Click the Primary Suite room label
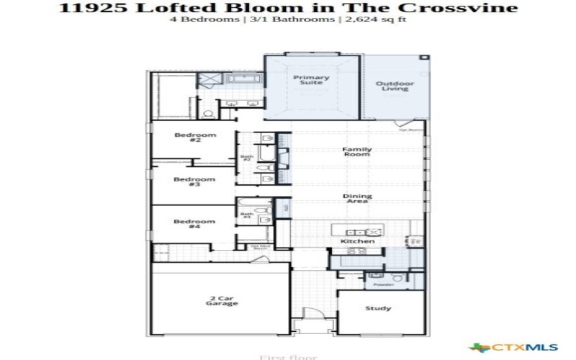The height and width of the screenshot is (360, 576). tap(311, 80)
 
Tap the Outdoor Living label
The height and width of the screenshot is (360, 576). tap(395, 86)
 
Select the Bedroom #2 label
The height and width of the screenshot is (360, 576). tap(194, 138)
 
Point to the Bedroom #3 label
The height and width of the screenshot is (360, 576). tap(194, 181)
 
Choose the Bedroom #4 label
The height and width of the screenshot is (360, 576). tap(194, 224)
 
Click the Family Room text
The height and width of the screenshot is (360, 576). tap(356, 152)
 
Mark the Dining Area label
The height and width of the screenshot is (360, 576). tap(356, 198)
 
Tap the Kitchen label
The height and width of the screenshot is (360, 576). tap(357, 241)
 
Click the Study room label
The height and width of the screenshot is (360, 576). tap(378, 308)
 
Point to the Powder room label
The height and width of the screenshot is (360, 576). tap(383, 285)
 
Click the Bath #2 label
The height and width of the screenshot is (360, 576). tap(246, 158)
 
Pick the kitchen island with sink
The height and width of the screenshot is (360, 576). tap(358, 232)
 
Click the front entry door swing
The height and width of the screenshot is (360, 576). tap(313, 313)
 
